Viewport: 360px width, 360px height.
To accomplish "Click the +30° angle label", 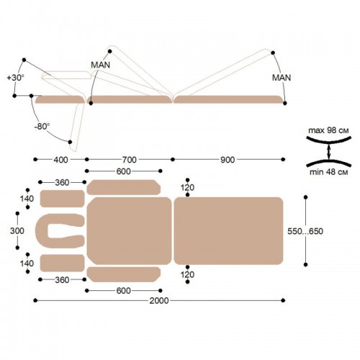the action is (x=16, y=78).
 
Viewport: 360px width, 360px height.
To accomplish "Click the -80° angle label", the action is (x=42, y=126).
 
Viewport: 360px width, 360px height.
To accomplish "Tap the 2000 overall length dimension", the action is (x=159, y=300).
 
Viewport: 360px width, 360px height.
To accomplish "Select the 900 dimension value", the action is (x=228, y=160).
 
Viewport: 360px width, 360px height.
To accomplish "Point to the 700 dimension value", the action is (x=130, y=160).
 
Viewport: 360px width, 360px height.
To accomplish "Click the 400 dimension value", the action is (x=60, y=160).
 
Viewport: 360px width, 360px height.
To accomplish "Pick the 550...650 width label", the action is (x=305, y=231).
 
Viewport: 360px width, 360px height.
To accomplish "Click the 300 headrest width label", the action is (x=17, y=231).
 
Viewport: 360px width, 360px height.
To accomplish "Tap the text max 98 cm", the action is (x=328, y=130).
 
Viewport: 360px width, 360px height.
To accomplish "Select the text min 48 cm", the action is (x=328, y=172).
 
